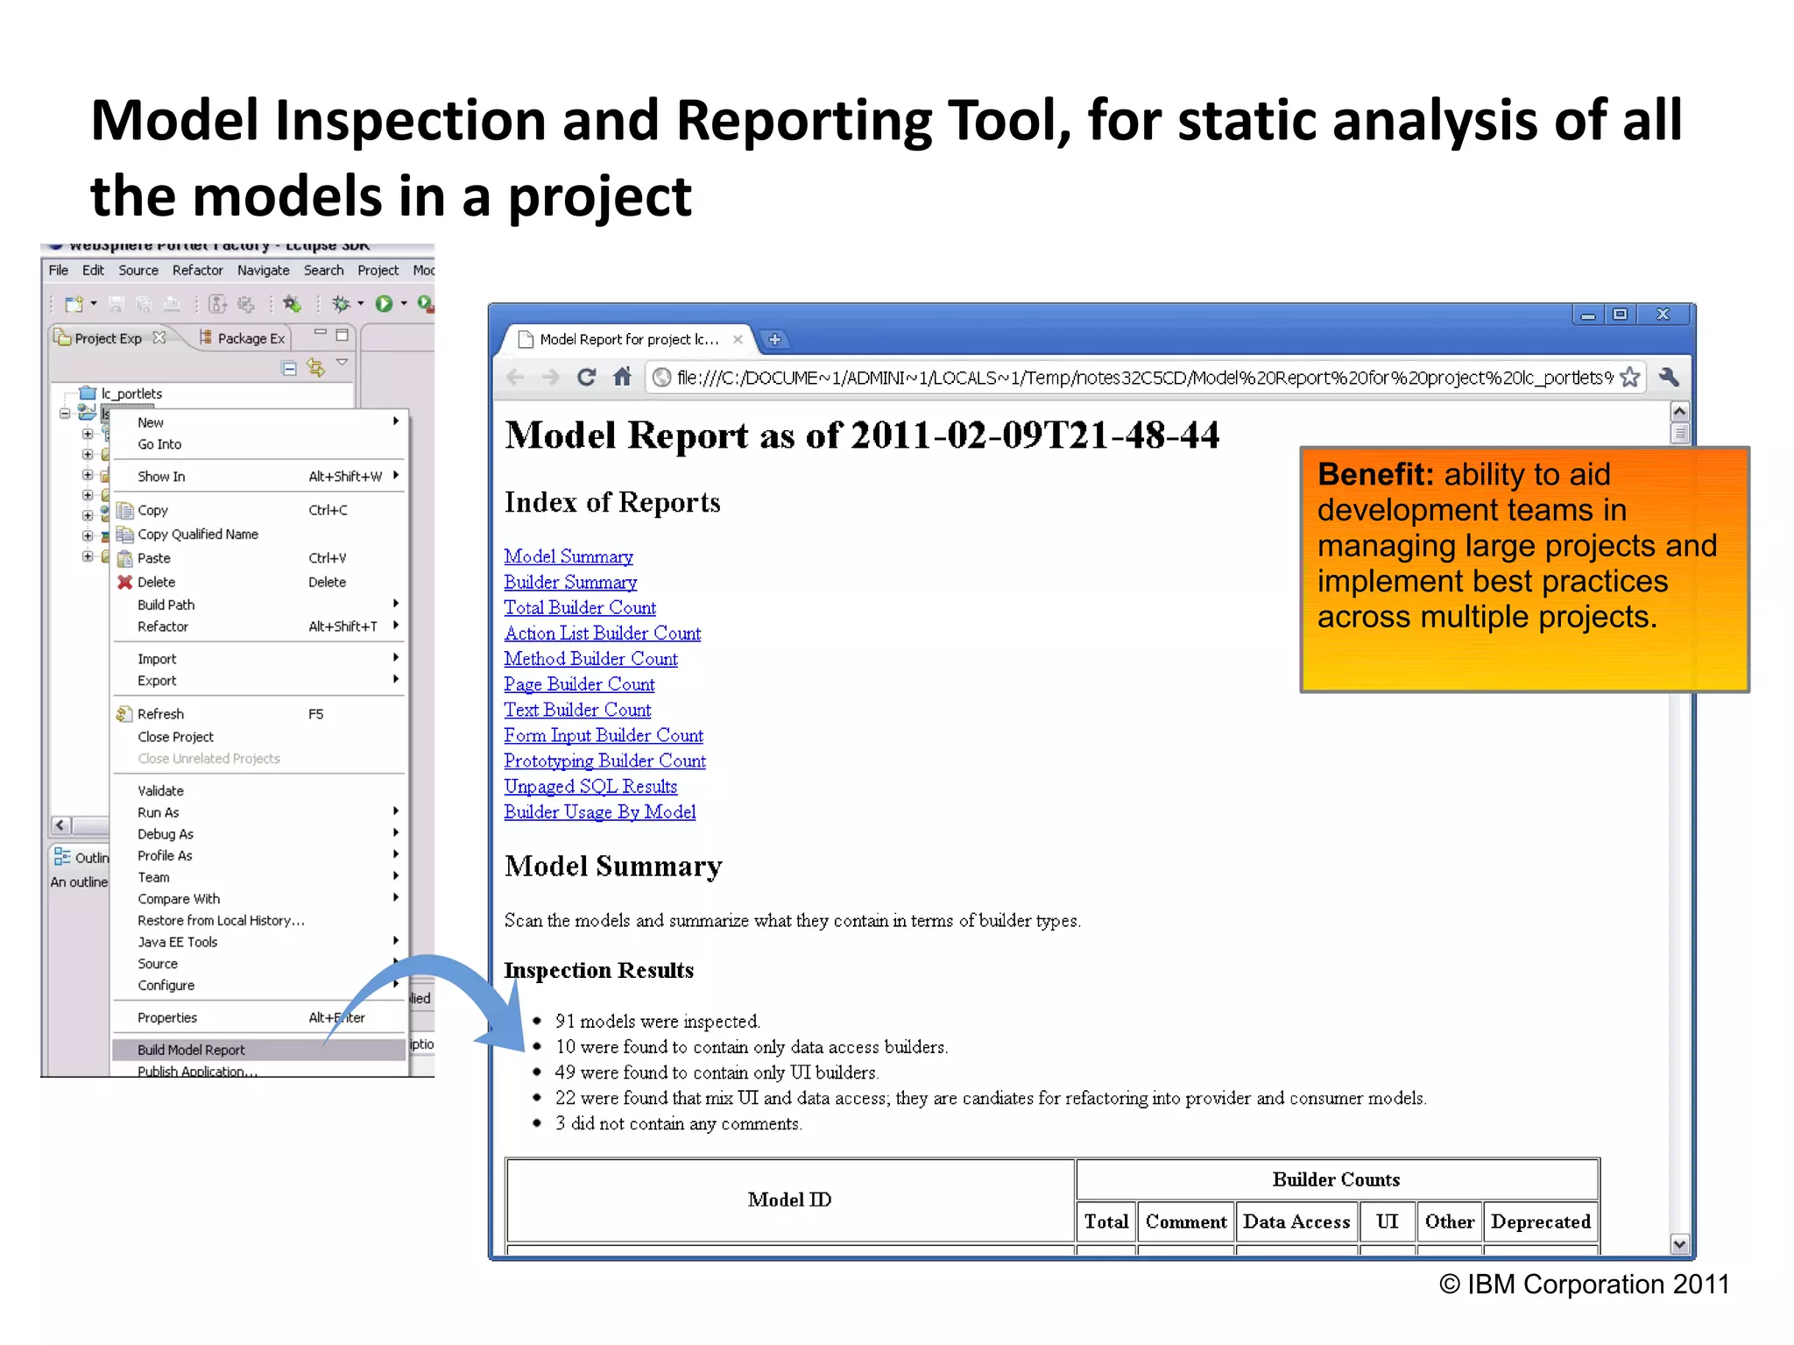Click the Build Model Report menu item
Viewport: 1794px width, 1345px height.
[191, 1049]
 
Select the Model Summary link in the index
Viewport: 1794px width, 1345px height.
[568, 556]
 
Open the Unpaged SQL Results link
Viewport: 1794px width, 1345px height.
[590, 786]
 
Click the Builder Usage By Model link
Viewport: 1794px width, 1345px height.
[599, 811]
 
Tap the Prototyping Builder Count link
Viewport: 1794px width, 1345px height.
[604, 761]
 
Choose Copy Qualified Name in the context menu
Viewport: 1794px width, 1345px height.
[197, 534]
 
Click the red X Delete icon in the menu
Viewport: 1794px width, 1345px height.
[125, 582]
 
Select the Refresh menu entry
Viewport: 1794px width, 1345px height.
[160, 714]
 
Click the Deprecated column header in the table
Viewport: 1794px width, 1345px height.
[1540, 1221]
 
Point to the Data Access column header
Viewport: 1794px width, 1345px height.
[1296, 1221]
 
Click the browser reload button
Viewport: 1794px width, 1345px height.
[586, 378]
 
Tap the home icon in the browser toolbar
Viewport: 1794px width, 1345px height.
[622, 378]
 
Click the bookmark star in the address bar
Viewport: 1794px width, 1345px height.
[1629, 378]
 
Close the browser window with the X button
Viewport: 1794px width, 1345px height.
[1662, 315]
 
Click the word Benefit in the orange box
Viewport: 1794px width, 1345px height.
[1374, 474]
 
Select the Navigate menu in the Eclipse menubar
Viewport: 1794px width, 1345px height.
[263, 270]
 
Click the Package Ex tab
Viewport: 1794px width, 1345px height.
[251, 338]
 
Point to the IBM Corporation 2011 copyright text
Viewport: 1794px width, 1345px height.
[1584, 1284]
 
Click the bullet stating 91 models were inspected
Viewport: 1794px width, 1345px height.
[657, 1021]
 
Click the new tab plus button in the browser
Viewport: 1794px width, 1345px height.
[774, 339]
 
